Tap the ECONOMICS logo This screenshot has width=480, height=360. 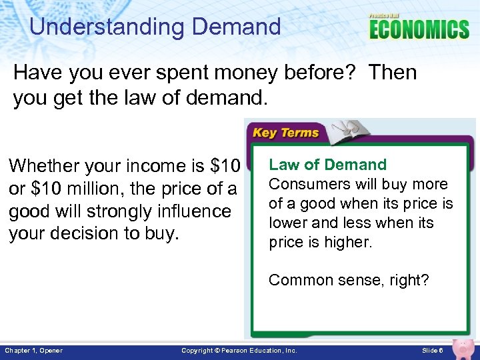419,29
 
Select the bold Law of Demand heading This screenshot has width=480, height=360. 327,165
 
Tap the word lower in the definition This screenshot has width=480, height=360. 287,223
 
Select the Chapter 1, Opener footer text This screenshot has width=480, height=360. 33,351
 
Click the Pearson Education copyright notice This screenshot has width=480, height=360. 239,351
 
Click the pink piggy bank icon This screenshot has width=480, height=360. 462,347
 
